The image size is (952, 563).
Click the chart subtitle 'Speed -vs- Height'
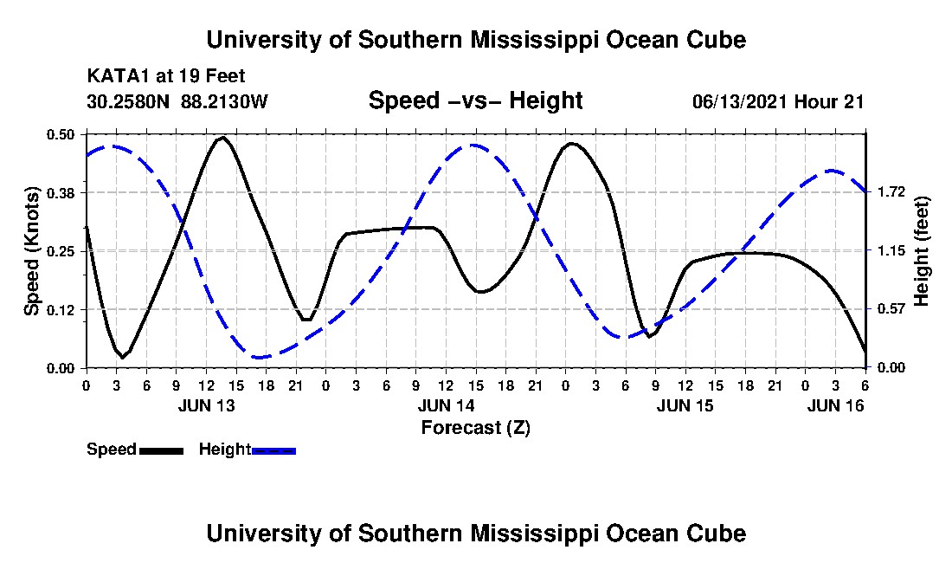[x=475, y=100]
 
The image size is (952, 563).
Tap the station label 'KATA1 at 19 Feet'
[x=159, y=77]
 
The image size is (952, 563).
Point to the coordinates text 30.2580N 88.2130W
[x=177, y=101]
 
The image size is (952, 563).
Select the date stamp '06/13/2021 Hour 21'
[x=778, y=101]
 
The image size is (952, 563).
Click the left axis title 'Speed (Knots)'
[x=32, y=250]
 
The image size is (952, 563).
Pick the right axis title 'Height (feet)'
[x=921, y=250]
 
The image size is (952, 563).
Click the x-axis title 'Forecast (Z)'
[x=475, y=427]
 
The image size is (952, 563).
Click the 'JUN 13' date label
[x=207, y=405]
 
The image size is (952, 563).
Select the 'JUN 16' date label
[x=835, y=405]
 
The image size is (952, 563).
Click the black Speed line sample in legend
[x=161, y=450]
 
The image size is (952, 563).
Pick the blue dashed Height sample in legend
[x=273, y=450]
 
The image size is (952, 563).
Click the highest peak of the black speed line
[x=222, y=137]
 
